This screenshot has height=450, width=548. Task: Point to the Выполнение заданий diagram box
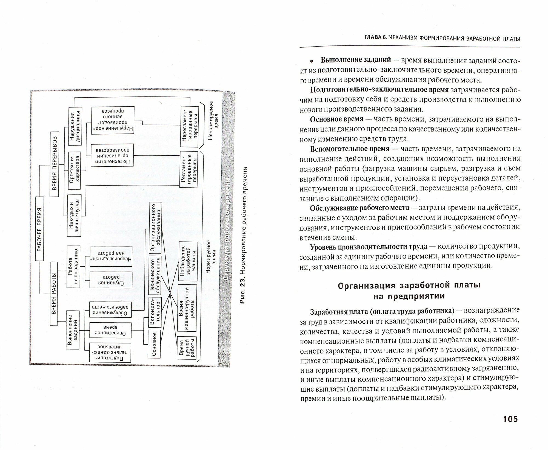[73, 330]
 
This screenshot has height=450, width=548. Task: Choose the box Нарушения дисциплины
[75, 125]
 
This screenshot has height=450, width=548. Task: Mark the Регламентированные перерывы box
[189, 169]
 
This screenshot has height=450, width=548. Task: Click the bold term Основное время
[336, 119]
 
